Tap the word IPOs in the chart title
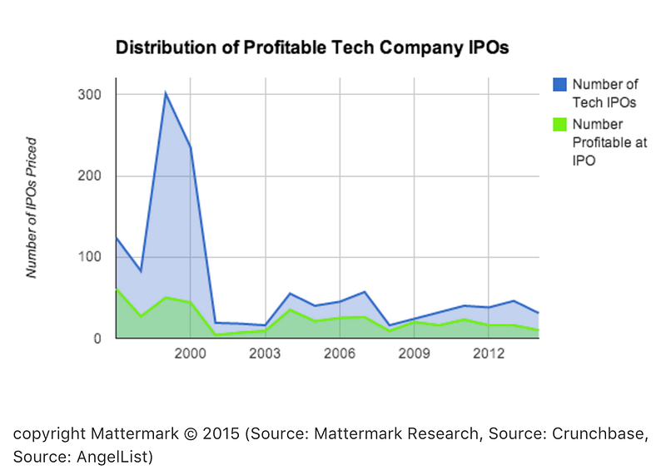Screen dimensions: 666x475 pos(488,47)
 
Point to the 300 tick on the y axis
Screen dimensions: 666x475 pos(90,95)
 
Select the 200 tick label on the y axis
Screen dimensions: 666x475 pos(90,176)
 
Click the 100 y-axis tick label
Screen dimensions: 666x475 pos(90,257)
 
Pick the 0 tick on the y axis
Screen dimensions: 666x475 pos(97,339)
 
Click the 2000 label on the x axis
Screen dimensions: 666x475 pos(190,354)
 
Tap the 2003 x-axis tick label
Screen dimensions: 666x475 pos(265,354)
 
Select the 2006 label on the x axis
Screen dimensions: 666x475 pos(340,354)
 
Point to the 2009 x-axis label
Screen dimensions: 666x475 pos(414,354)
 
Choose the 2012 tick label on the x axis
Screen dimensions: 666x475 pos(489,354)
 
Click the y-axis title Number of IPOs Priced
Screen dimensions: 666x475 pos(32,208)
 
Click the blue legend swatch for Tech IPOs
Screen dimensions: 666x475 pos(559,85)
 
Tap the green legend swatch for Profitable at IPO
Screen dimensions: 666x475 pos(559,125)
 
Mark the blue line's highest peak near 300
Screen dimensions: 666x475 pos(165,92)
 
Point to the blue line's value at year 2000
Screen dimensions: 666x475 pos(191,147)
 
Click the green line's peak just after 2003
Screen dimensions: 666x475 pos(290,309)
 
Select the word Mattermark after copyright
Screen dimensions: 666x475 pos(135,433)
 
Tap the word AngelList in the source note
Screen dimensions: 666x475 pos(114,457)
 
